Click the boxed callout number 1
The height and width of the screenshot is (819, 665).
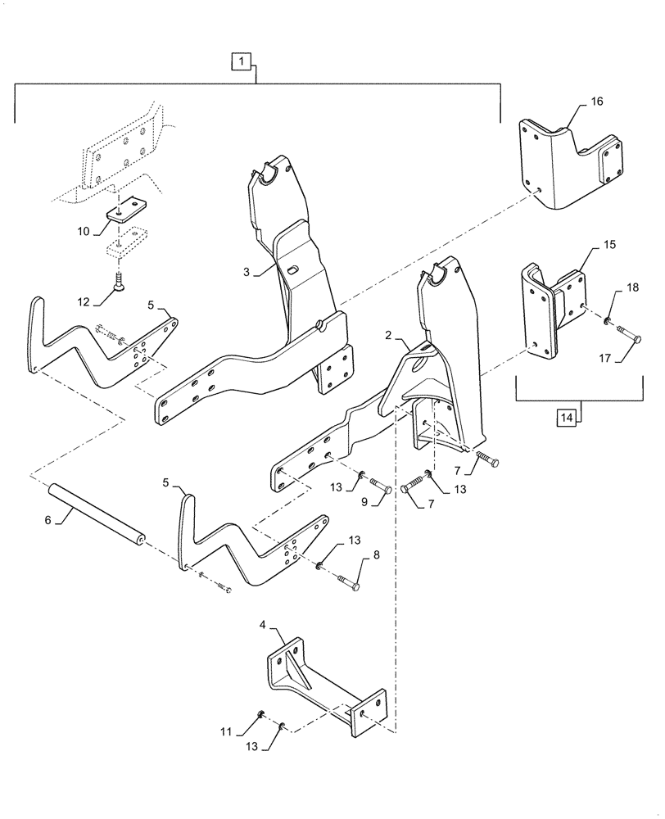coord(240,60)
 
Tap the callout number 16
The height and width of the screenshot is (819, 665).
coord(595,102)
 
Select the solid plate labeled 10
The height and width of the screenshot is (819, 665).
coord(123,210)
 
